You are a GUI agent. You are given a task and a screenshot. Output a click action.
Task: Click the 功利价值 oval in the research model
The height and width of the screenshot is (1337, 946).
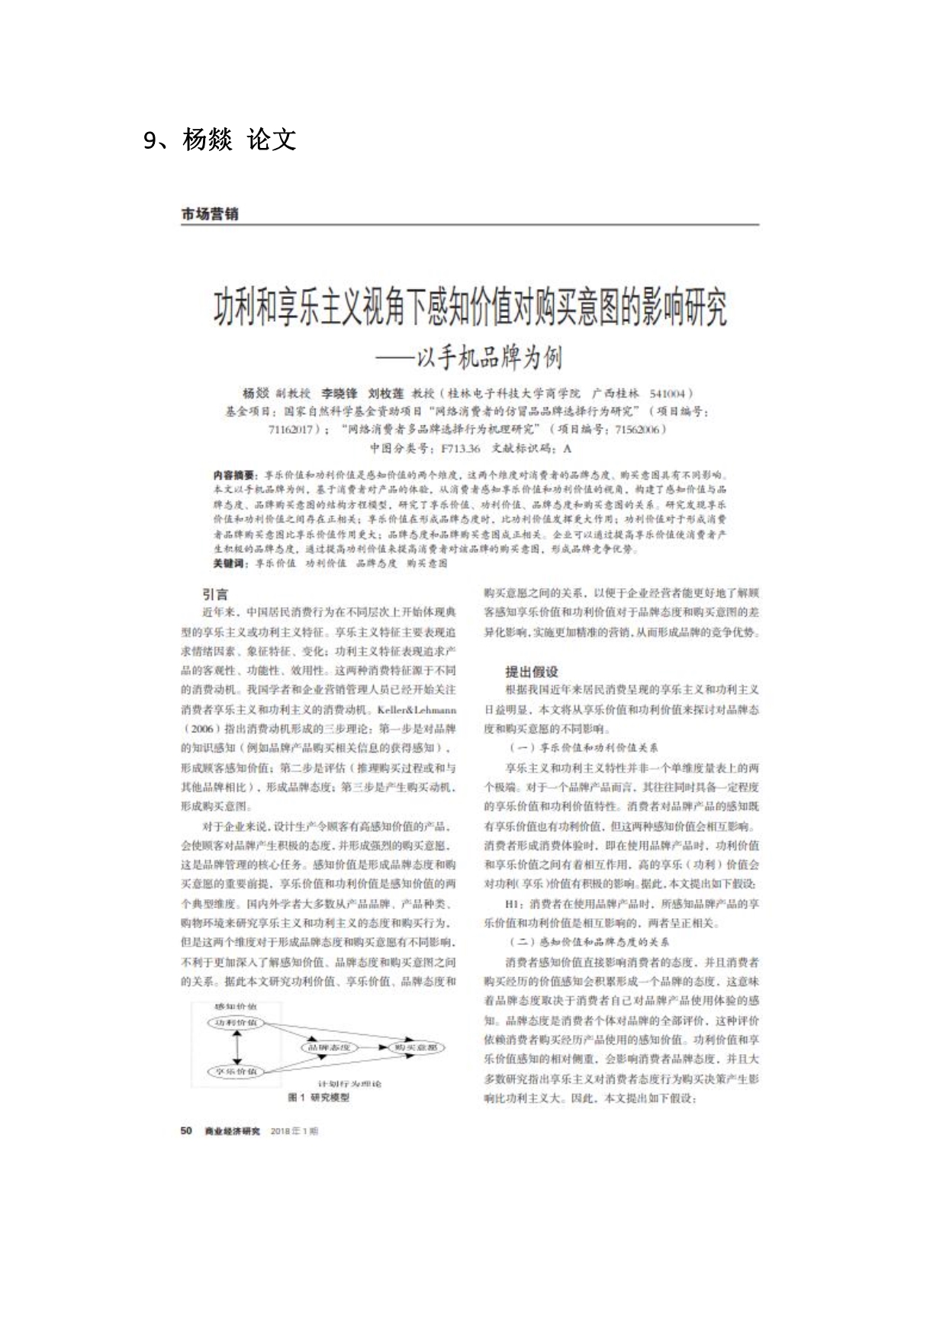[236, 1022]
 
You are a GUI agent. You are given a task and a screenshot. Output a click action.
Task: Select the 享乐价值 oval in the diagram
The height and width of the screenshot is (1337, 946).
[236, 1072]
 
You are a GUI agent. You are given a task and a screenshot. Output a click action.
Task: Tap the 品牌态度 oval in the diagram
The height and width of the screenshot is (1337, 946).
[329, 1047]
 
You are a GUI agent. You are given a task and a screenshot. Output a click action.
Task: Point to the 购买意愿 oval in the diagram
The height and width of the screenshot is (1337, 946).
[416, 1047]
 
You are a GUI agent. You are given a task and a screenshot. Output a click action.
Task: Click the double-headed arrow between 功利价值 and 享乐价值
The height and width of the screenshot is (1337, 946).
[237, 1047]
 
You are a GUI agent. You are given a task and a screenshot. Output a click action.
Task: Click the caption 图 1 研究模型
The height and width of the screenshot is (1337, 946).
[318, 1097]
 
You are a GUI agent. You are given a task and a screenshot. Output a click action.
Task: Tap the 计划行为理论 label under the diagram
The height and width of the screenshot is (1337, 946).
[350, 1084]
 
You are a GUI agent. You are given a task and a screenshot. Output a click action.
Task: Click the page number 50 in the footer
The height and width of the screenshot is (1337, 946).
[186, 1130]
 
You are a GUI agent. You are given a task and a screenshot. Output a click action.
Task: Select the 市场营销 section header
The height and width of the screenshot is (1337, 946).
[210, 214]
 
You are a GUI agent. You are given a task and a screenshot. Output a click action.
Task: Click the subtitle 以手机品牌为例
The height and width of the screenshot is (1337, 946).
[488, 357]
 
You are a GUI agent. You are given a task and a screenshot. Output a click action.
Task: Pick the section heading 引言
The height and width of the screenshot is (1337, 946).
[215, 594]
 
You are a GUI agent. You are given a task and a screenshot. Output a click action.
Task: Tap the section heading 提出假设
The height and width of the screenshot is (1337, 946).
[531, 671]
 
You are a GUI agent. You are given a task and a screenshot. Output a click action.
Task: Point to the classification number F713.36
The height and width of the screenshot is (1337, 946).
[460, 448]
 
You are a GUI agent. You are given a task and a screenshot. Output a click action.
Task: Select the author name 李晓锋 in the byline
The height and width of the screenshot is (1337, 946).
[339, 394]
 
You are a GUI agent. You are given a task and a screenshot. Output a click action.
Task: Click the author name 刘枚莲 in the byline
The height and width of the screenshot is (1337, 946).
[385, 394]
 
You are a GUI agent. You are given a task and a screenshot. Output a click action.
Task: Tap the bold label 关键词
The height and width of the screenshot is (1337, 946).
[230, 563]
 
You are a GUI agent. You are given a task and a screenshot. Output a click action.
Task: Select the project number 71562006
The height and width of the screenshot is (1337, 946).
[636, 429]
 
